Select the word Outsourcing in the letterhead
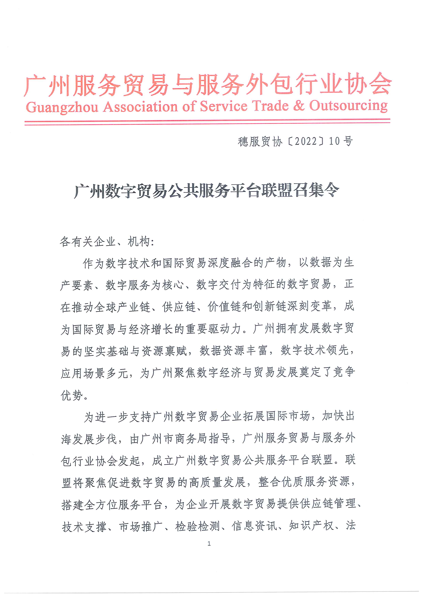pos(348,106)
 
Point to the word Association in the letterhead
pos(140,107)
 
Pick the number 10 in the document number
pos(334,141)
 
